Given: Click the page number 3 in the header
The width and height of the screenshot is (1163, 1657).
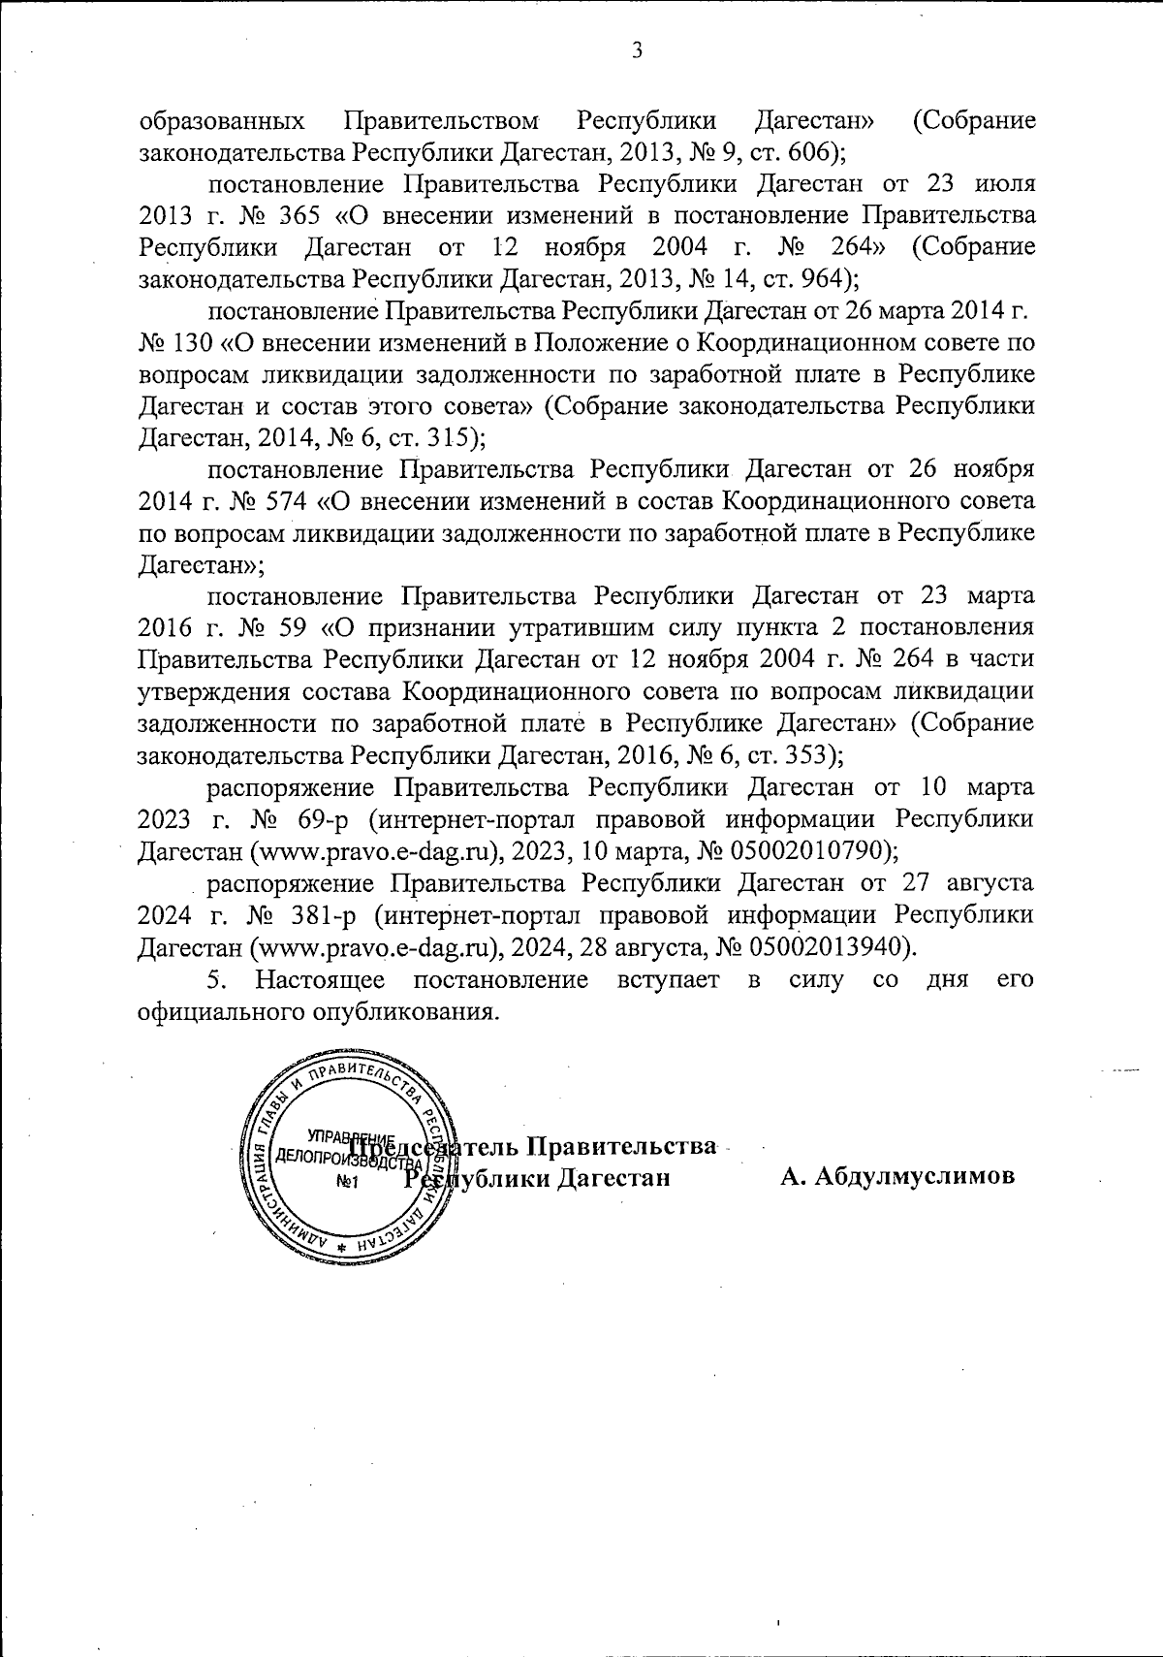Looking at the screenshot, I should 636,51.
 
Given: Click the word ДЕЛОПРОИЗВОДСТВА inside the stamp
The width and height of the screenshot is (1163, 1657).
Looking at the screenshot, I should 339,1158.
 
